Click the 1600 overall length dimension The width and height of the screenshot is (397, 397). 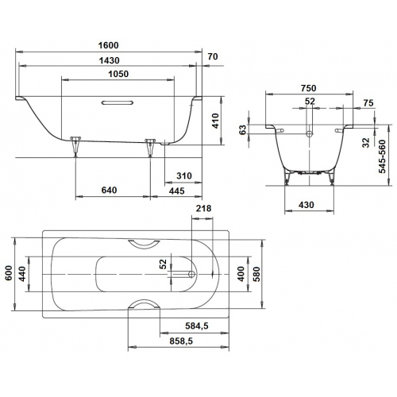point(109,45)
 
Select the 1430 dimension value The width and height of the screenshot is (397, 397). point(110,60)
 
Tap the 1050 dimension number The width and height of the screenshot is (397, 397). point(118,74)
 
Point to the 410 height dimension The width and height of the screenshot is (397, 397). point(215,121)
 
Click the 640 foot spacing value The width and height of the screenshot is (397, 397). point(109,190)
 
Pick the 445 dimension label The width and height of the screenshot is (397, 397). point(177,191)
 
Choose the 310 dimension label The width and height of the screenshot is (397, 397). point(184,175)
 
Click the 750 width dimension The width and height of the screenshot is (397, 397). point(308,88)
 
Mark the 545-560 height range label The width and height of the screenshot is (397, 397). point(382,156)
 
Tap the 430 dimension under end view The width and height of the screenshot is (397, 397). point(306,205)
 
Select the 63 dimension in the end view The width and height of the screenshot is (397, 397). point(242,129)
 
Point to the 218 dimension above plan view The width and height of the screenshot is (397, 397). point(203,209)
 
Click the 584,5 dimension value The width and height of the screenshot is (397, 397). point(197,326)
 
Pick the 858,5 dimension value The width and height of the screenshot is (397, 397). point(181,341)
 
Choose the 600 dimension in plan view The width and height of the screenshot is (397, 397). point(9,273)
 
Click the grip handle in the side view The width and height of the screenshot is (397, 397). point(118,102)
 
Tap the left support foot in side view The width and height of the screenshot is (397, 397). point(75,146)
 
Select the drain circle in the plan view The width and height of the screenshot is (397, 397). point(191,274)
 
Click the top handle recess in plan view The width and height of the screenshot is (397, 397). point(144,245)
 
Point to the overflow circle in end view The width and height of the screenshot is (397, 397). point(310,134)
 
